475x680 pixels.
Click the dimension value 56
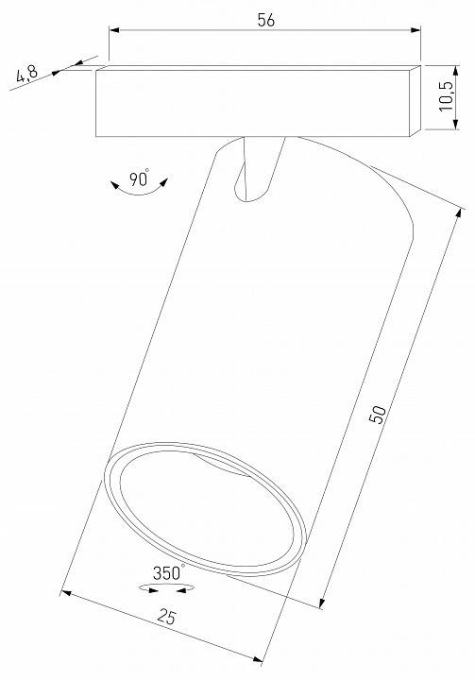coord(264,21)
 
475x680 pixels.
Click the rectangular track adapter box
coord(255,102)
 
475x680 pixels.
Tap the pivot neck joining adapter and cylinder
coord(257,167)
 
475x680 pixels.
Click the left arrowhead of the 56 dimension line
coord(113,32)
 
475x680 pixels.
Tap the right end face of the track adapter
coord(415,103)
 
